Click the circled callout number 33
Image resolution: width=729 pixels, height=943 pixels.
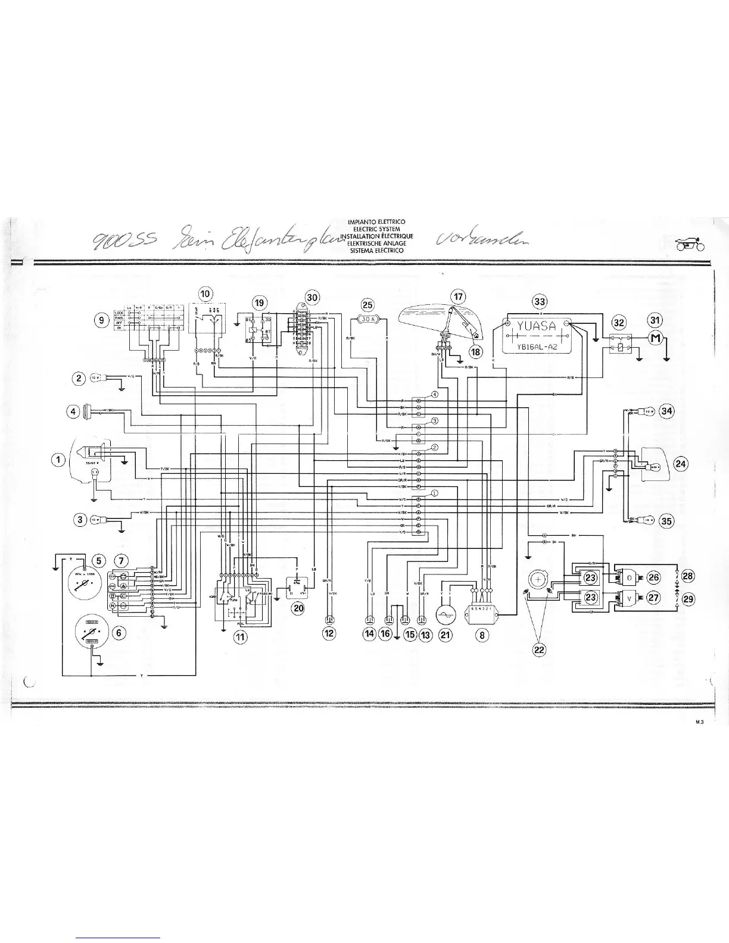[540, 301]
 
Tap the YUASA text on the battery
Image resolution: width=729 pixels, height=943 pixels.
[535, 326]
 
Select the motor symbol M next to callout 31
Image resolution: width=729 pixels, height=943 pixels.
[655, 338]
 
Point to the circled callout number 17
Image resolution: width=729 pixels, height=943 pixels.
[457, 296]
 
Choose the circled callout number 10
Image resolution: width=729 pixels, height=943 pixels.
[205, 293]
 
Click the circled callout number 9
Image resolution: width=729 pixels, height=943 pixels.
[102, 321]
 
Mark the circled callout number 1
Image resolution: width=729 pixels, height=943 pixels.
[58, 459]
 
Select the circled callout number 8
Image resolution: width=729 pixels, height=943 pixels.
[483, 635]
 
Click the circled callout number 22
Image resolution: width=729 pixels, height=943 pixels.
[539, 650]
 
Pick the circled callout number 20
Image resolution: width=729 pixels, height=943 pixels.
[298, 607]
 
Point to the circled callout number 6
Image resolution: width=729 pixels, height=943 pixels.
[119, 632]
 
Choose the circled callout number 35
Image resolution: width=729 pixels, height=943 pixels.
[666, 522]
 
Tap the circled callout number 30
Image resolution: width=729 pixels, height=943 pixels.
[312, 297]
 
